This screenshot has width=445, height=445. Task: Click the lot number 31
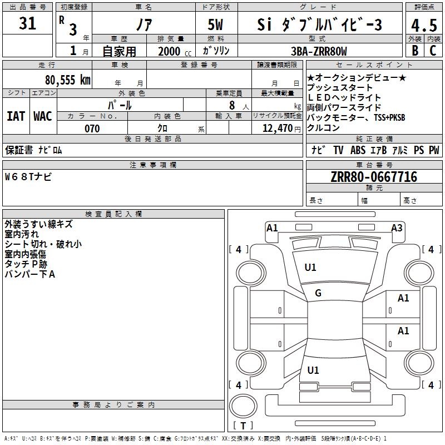click(27, 23)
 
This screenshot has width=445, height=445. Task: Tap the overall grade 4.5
click(424, 25)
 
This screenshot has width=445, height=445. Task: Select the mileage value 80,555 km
click(67, 80)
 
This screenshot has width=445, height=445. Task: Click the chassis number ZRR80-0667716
click(374, 177)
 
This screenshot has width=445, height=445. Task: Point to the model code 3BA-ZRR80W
click(319, 51)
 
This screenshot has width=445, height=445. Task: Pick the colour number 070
click(92, 128)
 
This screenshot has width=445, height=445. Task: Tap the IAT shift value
click(16, 116)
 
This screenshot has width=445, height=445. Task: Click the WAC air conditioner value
click(43, 116)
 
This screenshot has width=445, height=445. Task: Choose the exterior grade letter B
click(415, 51)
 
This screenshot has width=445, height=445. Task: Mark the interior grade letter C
click(433, 51)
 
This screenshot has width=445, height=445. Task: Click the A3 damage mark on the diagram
click(397, 228)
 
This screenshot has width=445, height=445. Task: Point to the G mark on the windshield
click(318, 293)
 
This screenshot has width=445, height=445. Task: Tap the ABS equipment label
click(358, 150)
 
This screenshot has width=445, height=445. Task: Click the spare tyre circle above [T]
click(243, 406)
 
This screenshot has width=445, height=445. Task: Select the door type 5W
click(215, 24)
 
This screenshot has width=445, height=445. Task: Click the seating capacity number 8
click(232, 105)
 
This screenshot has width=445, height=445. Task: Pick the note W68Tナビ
click(28, 177)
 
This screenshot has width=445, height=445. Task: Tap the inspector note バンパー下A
click(30, 274)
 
